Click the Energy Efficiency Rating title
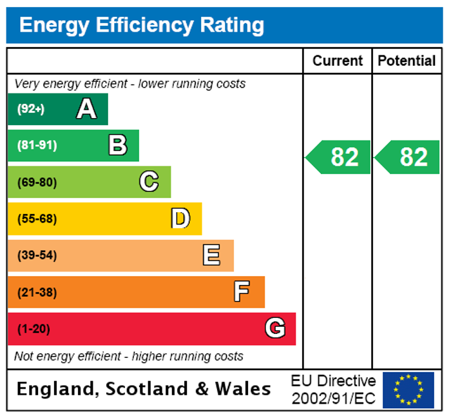[142, 25]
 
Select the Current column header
[338, 61]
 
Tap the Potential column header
[407, 61]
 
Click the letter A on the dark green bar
[86, 109]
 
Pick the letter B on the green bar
[117, 145]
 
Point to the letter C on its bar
[149, 182]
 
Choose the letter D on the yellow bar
[180, 219]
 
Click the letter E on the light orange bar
[211, 255]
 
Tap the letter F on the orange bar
[242, 292]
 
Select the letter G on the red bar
[275, 329]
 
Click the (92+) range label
[31, 109]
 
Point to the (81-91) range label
[37, 145]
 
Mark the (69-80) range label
[37, 182]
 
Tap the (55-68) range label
[37, 219]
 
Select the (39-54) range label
[37, 255]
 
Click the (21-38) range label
[37, 292]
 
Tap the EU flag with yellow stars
[408, 389]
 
